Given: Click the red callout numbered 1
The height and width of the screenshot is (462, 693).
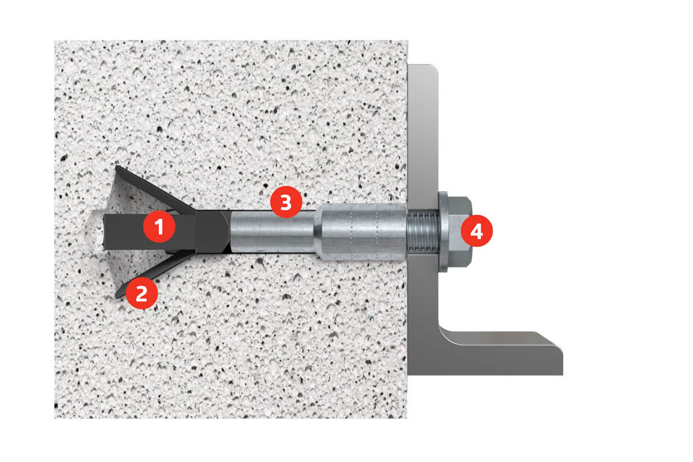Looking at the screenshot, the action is tap(159, 226).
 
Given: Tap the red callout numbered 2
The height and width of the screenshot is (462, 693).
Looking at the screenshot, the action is tap(141, 293).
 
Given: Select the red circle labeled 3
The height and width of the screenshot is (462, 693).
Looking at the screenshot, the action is tap(286, 202).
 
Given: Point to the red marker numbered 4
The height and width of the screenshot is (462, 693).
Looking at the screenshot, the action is tap(476, 231).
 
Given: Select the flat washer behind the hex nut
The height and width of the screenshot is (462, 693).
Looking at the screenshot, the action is tap(443, 232).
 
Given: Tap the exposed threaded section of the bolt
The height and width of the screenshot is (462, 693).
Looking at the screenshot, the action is tap(423, 232).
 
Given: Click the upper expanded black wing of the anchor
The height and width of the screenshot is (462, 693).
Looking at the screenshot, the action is tap(154, 189).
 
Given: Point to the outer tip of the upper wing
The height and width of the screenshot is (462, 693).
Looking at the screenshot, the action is tap(116, 166).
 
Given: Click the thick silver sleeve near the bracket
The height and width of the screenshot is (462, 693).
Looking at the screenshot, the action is tap(361, 232).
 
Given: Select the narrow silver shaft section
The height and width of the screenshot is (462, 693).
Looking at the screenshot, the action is tap(273, 232).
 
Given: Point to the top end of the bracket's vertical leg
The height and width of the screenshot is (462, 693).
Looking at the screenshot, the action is tap(423, 66).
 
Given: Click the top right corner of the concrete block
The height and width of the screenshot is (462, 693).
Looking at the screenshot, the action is tap(407, 40).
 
